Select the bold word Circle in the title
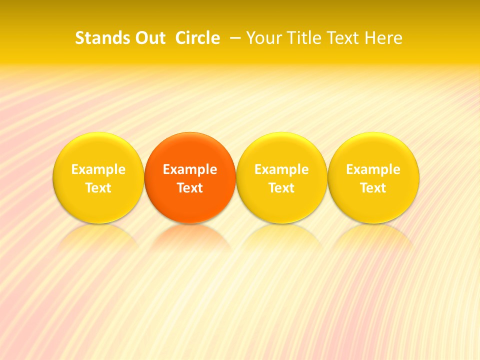(197, 38)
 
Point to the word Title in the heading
(305, 38)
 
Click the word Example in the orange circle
(190, 169)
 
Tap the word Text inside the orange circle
(190, 188)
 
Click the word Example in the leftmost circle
(98, 169)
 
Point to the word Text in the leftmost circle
(98, 188)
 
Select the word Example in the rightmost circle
(373, 169)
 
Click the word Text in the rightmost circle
(373, 188)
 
